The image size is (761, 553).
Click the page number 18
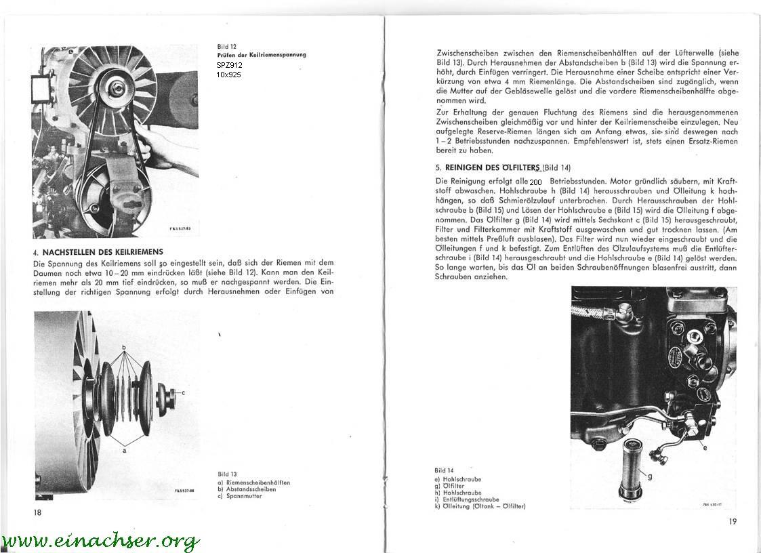37,512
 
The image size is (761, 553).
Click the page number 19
733,520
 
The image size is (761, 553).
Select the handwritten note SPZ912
228,65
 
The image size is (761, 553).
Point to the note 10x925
229,75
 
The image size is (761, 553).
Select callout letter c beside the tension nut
183,392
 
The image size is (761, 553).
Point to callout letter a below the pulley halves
124,449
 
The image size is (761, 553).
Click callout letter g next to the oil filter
650,476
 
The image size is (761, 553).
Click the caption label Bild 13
227,474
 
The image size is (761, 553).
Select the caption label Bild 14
444,470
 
